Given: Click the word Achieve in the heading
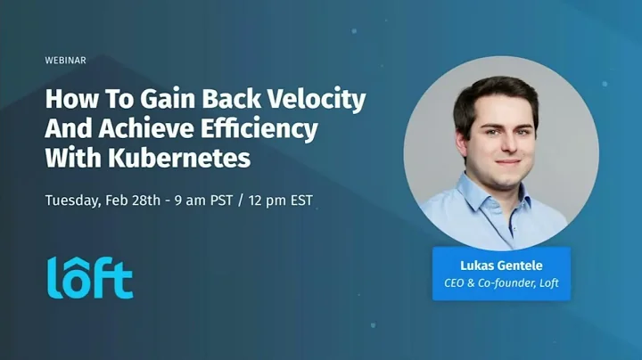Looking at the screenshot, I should (145, 129).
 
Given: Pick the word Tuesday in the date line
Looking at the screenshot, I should (72, 200).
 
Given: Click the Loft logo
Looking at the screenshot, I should (89, 276).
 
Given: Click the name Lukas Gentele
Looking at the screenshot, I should (501, 266).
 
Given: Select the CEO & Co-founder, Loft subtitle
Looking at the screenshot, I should (501, 284).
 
